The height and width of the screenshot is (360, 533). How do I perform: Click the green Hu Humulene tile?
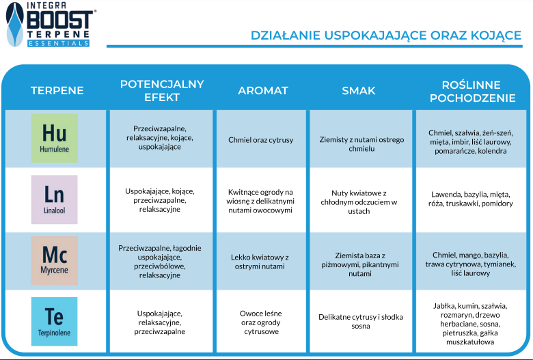(x=55, y=138)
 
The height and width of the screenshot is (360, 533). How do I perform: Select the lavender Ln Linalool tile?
(x=55, y=199)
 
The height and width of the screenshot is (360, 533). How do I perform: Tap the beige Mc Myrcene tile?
(x=55, y=260)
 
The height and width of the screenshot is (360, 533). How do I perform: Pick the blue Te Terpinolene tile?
(x=55, y=322)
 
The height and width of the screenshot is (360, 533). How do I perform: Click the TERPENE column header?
(x=57, y=90)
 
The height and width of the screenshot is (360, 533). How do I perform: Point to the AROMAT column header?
(x=263, y=90)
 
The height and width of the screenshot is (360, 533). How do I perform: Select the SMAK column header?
(x=359, y=90)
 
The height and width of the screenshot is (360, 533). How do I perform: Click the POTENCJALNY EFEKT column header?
(x=162, y=90)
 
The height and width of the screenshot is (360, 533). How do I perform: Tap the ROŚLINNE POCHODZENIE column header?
(x=472, y=91)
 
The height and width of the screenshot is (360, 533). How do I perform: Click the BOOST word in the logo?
(x=60, y=20)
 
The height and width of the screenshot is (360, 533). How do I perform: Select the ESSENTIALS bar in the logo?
(x=59, y=43)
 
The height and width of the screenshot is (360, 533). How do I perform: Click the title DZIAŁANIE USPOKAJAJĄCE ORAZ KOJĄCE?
(x=386, y=36)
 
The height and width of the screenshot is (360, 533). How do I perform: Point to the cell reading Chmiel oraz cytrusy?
(x=261, y=140)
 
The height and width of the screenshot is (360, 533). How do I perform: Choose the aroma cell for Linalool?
(x=260, y=201)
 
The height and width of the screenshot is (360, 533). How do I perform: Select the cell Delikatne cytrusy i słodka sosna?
(x=361, y=321)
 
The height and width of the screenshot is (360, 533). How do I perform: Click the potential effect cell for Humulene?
(x=160, y=138)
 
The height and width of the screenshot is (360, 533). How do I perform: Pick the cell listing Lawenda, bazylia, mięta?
(x=471, y=199)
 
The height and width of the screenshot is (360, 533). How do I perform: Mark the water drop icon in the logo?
(x=15, y=25)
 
